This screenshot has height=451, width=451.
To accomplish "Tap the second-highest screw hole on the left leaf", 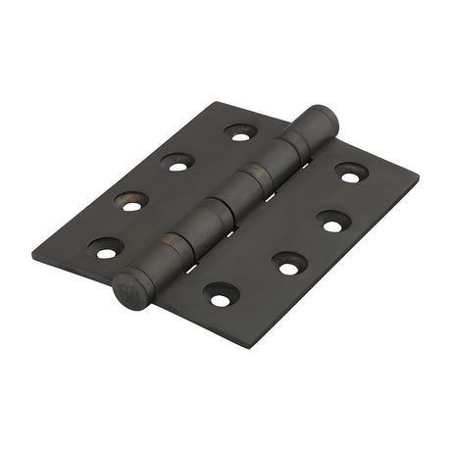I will pos(176,162).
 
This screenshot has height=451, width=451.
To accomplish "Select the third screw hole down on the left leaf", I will pos(132,202).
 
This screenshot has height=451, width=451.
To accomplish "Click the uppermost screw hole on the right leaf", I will pos(350,174).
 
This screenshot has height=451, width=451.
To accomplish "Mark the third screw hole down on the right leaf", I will pos(289,262).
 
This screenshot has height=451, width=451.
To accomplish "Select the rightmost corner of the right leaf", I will pos(419,180).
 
